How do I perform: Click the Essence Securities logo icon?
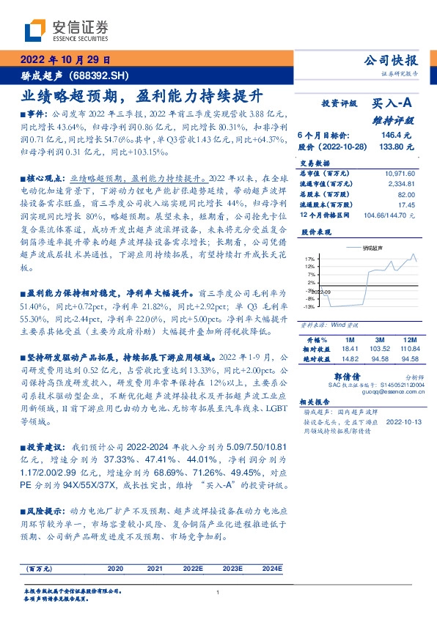pyautogui.click(x=35, y=31)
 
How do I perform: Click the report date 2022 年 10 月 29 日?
pyautogui.click(x=65, y=59)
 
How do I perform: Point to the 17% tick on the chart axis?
pyautogui.click(x=310, y=259)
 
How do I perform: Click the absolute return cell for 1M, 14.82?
pyautogui.click(x=348, y=359)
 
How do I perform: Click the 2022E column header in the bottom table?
pyautogui.click(x=193, y=569)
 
